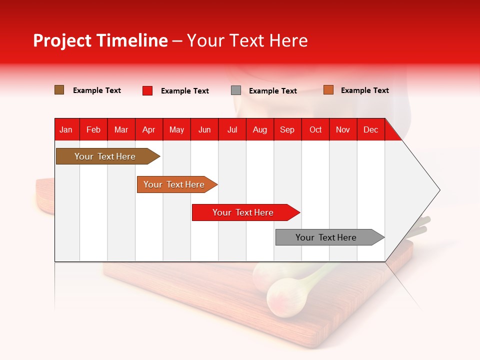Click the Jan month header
coord(66,130)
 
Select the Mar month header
coord(121,130)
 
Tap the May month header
coord(176,130)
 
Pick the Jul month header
coord(232,130)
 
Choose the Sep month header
coord(287,130)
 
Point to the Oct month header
coord(315,130)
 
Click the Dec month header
coord(370,130)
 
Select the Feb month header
coord(93,130)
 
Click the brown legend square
coord(59,90)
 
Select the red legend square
coord(147,90)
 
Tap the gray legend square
coord(236,90)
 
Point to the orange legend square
coord(328,90)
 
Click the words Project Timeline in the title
coord(100,40)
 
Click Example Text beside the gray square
coord(273,91)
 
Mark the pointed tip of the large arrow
coord(439,190)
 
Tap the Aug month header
coord(259,130)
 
